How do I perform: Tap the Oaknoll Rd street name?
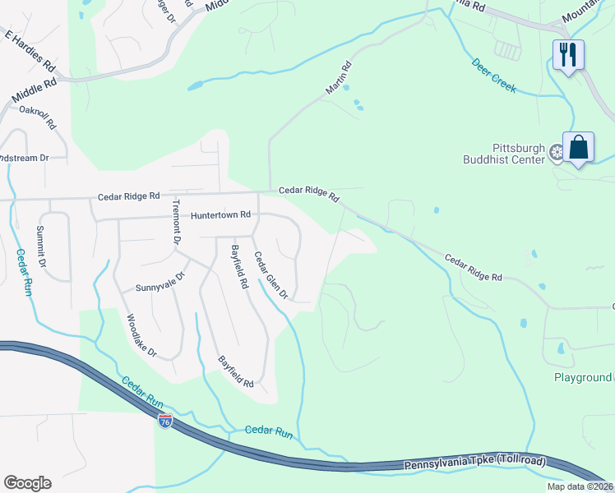point(37,118)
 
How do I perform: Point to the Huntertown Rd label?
point(220,215)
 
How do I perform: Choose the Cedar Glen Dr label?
point(271,274)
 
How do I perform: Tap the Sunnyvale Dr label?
point(160,288)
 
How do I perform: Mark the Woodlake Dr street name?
point(141,335)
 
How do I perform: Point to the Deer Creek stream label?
point(494,75)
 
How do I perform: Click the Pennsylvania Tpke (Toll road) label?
point(474,464)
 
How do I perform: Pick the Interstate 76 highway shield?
point(165,421)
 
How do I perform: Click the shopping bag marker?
point(579,148)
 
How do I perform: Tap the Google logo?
point(27,483)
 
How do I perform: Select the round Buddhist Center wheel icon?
point(555,151)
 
